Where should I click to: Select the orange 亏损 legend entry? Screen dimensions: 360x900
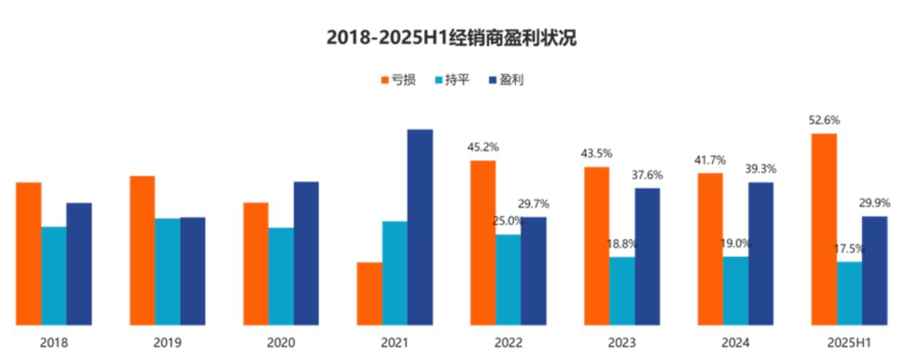point(398,80)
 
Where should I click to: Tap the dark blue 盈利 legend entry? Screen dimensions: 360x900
point(506,80)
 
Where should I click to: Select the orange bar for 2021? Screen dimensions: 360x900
point(369,293)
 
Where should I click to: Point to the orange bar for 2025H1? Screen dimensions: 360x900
point(824,229)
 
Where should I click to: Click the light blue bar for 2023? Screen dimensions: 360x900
point(622,290)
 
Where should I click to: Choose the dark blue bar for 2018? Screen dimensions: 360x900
point(79,264)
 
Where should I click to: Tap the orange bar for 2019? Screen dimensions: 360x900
point(142,250)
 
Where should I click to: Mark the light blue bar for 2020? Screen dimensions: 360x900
point(280,276)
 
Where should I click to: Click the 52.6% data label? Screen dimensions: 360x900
point(824,120)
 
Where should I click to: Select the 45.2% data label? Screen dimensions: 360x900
point(483,147)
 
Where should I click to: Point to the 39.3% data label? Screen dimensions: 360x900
point(761,169)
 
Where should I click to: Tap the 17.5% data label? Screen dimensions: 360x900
point(849,248)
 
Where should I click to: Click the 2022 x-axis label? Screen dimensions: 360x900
point(508,343)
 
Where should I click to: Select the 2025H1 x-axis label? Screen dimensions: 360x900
point(849,343)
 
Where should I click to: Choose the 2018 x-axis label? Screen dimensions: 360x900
point(54,343)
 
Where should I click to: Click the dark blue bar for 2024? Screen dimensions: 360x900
point(761,254)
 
